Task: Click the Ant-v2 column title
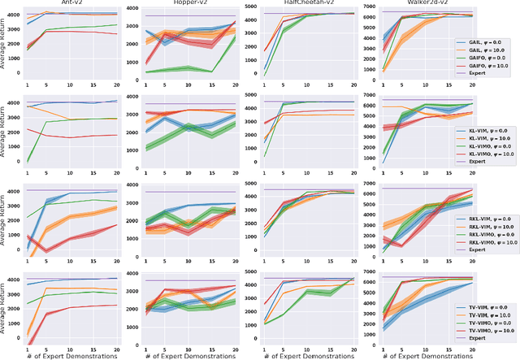tap(70, 3)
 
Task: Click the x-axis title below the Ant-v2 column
tap(70, 355)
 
